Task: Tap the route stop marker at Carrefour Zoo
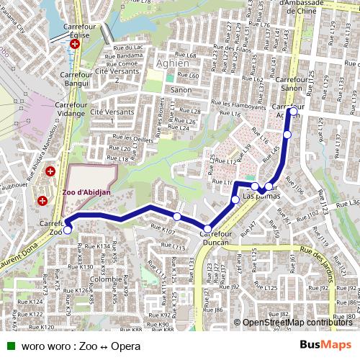(68, 230)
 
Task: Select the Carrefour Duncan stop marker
(207, 229)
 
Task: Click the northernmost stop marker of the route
(292, 111)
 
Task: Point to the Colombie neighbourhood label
(106, 279)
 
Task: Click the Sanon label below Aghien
(181, 91)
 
